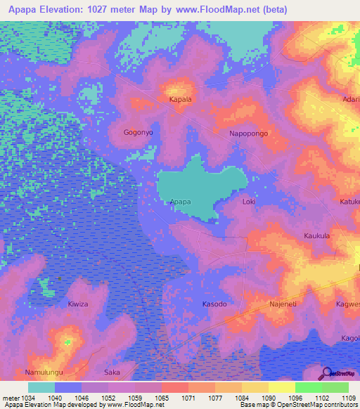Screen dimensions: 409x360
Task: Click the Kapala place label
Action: click(x=181, y=100)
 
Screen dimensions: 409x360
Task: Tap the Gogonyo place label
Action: click(x=138, y=132)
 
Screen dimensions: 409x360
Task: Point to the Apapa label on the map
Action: click(x=181, y=202)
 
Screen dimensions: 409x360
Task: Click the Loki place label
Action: click(x=248, y=202)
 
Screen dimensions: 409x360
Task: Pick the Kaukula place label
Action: click(x=316, y=236)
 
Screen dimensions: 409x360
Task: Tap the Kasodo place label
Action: click(x=214, y=304)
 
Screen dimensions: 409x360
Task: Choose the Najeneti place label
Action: click(x=283, y=304)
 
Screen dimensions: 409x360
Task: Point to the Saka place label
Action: click(x=112, y=372)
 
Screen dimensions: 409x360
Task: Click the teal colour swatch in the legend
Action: click(x=41, y=387)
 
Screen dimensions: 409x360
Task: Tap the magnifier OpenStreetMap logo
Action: click(x=326, y=372)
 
